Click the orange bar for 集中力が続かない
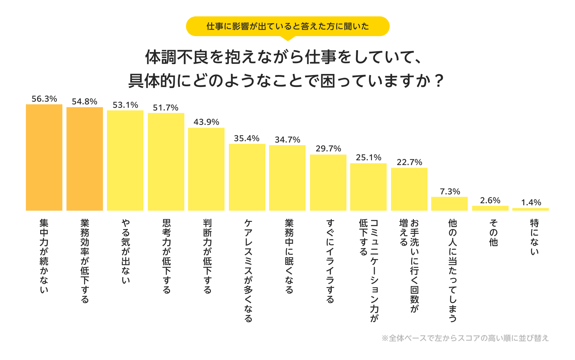44,157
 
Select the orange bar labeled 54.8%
84,159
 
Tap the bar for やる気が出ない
125,160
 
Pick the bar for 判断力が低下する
206,169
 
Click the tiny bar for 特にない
530,209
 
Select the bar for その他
490,208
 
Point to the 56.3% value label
44,99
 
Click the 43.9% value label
206,122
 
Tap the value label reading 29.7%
328,149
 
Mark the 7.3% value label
450,192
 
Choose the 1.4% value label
531,202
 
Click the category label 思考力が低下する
166,256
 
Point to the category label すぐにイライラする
330,261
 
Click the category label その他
493,232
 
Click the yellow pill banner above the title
287,26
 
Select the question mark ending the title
439,81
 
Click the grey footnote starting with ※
465,338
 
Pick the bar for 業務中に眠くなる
287,178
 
